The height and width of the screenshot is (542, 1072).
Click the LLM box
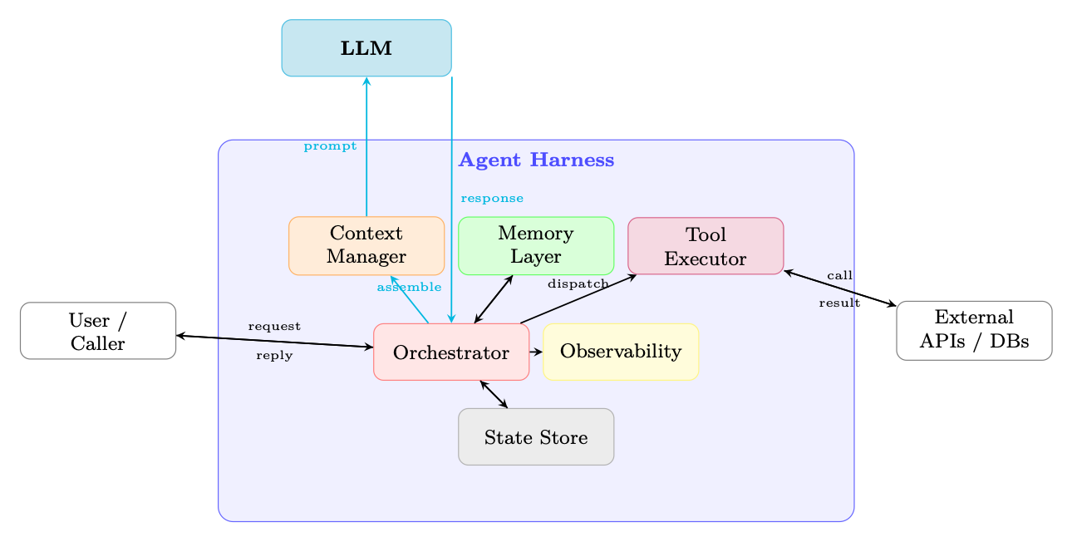[366, 48]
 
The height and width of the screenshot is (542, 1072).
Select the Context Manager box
[366, 245]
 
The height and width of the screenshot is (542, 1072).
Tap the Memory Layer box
[536, 245]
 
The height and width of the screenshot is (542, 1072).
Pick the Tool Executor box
[706, 246]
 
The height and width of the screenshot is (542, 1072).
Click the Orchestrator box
[451, 352]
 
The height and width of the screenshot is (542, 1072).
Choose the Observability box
[621, 352]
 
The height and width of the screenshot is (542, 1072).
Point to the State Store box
[536, 436]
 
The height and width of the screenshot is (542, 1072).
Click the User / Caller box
[98, 331]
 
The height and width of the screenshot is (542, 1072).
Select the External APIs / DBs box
[975, 331]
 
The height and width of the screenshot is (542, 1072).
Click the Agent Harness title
[537, 160]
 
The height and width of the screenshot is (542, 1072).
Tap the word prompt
[330, 146]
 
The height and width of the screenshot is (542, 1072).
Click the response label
[492, 198]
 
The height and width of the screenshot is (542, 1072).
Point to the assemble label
[409, 287]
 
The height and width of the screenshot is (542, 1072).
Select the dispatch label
[578, 284]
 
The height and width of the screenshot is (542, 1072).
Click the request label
[274, 327]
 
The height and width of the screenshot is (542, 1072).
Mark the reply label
[274, 356]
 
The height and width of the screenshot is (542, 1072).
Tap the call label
[840, 275]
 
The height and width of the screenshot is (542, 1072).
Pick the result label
[839, 303]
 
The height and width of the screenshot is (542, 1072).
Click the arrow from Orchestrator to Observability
[536, 352]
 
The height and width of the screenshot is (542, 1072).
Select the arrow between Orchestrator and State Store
[494, 395]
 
